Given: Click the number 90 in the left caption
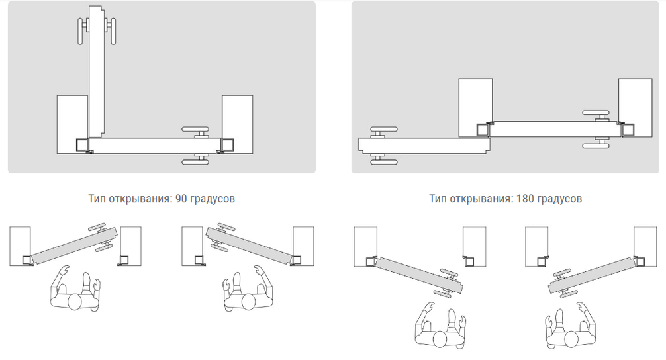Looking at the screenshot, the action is click(181, 199).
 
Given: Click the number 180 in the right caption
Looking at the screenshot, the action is click(526, 199).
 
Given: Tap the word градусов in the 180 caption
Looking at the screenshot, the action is click(559, 199).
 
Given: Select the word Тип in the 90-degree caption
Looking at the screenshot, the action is click(97, 199).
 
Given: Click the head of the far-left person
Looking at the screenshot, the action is click(75, 301).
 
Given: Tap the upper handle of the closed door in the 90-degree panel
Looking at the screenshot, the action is click(196, 131).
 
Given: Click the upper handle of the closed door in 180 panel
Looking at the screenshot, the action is click(596, 115).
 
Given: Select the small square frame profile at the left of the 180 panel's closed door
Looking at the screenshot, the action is click(483, 130).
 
